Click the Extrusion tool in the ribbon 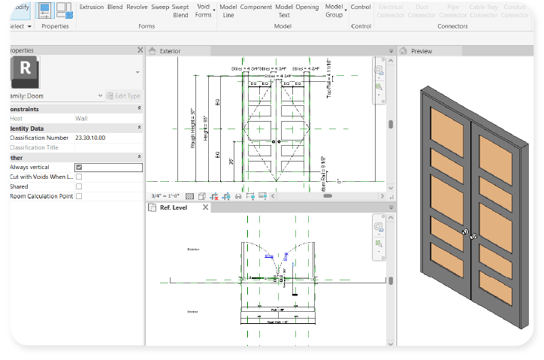(x=92, y=7)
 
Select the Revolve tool (x=137, y=7)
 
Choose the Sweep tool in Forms (x=160, y=7)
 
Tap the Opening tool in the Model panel (x=307, y=7)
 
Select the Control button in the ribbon (x=361, y=7)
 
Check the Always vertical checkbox (x=79, y=167)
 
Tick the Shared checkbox (x=79, y=186)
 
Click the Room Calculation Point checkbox (x=79, y=196)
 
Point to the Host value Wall (x=81, y=118)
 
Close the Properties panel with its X (x=140, y=50)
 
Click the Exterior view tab (x=170, y=51)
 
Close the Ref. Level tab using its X (x=205, y=207)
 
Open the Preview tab (x=421, y=51)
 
